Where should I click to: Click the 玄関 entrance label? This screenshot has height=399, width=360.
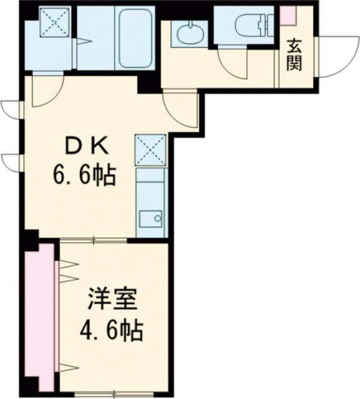pos(294,55)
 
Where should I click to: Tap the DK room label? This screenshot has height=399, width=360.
pos(88,148)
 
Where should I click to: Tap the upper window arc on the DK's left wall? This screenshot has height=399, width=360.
pos(10,109)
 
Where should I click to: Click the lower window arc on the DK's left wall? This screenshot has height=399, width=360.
pos(10,161)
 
